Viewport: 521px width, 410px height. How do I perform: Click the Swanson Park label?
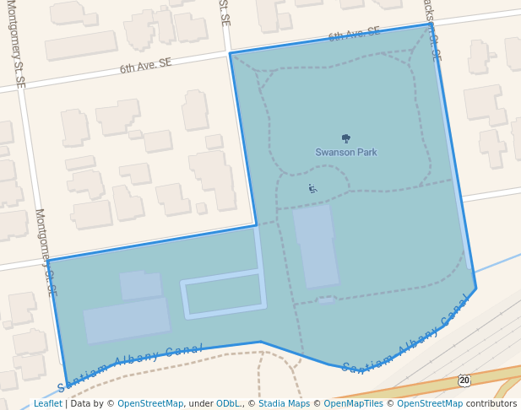(x=346, y=153)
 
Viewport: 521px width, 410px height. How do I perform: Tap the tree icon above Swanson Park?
(x=345, y=138)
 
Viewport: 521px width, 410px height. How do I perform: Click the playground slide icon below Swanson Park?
(x=312, y=189)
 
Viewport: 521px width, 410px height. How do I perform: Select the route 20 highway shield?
(x=464, y=380)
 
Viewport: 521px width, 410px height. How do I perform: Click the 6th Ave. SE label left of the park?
(x=145, y=65)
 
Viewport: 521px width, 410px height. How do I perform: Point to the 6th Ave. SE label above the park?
(x=354, y=34)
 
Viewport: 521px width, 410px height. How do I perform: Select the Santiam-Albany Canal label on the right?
(x=406, y=341)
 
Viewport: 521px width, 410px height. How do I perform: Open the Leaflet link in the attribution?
(x=47, y=404)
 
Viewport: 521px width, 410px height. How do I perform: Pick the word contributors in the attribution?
(x=491, y=404)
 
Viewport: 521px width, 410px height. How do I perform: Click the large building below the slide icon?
(x=316, y=245)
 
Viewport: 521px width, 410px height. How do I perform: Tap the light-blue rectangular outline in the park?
(x=223, y=295)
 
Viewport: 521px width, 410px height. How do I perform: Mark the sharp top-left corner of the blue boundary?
(x=230, y=54)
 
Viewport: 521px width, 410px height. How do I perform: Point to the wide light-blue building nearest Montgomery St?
(x=127, y=320)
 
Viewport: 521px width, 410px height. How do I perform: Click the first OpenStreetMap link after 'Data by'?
(x=150, y=404)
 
